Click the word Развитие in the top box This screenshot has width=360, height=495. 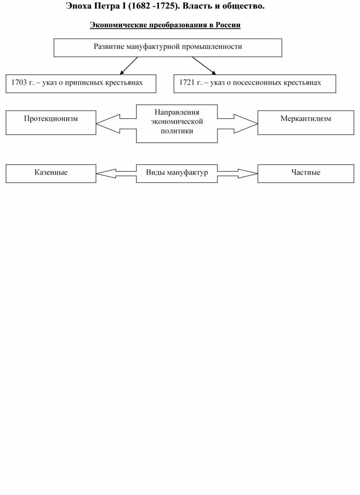click(x=109, y=47)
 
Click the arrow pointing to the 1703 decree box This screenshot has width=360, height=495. click(x=129, y=66)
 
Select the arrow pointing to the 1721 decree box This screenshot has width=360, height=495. click(x=204, y=66)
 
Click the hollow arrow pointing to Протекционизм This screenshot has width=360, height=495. click(x=116, y=123)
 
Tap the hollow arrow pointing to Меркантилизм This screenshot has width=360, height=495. click(x=238, y=123)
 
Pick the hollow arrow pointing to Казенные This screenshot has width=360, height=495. click(x=116, y=174)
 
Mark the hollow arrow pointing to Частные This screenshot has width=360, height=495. click(x=238, y=174)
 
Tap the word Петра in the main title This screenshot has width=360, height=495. click(x=107, y=6)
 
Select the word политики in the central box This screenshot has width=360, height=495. click(x=176, y=131)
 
